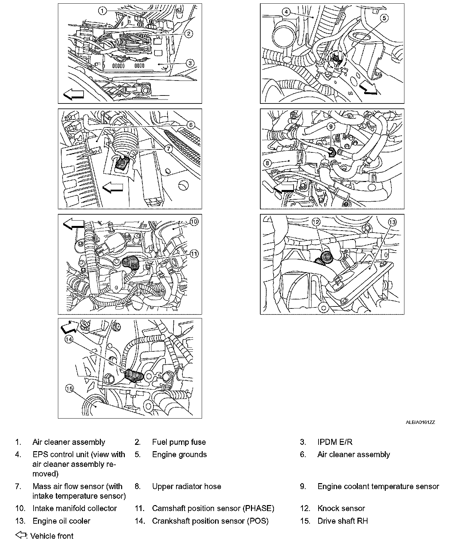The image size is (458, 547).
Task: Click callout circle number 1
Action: [x=102, y=11]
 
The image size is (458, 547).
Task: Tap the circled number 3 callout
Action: [x=189, y=63]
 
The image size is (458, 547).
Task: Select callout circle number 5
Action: [x=384, y=18]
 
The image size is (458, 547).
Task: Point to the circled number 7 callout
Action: [x=168, y=149]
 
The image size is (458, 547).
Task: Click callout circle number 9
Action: [x=331, y=126]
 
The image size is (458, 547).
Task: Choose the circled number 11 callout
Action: [x=194, y=254]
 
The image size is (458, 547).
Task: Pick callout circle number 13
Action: [x=393, y=222]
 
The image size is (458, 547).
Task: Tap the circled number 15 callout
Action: [x=69, y=388]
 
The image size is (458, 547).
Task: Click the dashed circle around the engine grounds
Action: [x=338, y=60]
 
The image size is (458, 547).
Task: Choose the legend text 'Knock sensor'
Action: [x=341, y=508]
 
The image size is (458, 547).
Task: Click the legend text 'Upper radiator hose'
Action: [x=186, y=486]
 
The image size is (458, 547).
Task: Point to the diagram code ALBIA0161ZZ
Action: [x=420, y=423]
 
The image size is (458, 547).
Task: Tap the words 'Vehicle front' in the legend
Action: [x=52, y=536]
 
